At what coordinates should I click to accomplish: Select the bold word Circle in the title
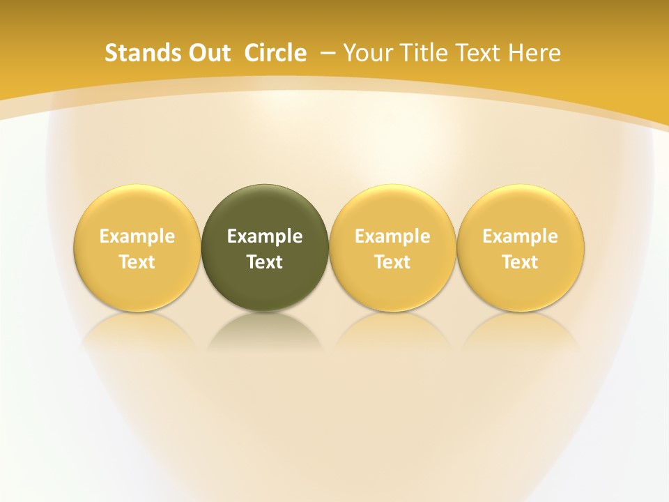point(275,53)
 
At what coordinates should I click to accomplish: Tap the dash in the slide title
point(328,53)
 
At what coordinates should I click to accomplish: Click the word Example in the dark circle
point(265,236)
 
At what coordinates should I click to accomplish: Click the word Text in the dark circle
point(265,262)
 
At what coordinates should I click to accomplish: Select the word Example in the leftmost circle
point(137,236)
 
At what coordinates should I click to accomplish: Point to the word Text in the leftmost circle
point(137,262)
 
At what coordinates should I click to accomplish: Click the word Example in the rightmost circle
point(521,236)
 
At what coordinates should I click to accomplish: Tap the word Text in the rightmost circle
point(521,262)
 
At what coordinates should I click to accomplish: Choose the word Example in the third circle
point(392,236)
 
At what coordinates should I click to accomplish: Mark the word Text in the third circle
point(392,262)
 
